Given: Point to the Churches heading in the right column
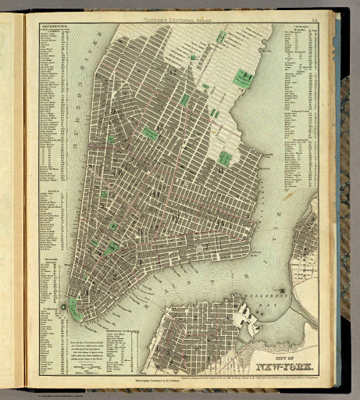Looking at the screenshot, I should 297,27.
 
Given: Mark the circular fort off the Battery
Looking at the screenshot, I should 62,305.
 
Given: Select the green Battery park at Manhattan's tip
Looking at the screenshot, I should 75,309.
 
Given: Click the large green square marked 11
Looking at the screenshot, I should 248,77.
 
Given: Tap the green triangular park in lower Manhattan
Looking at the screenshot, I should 114,248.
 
